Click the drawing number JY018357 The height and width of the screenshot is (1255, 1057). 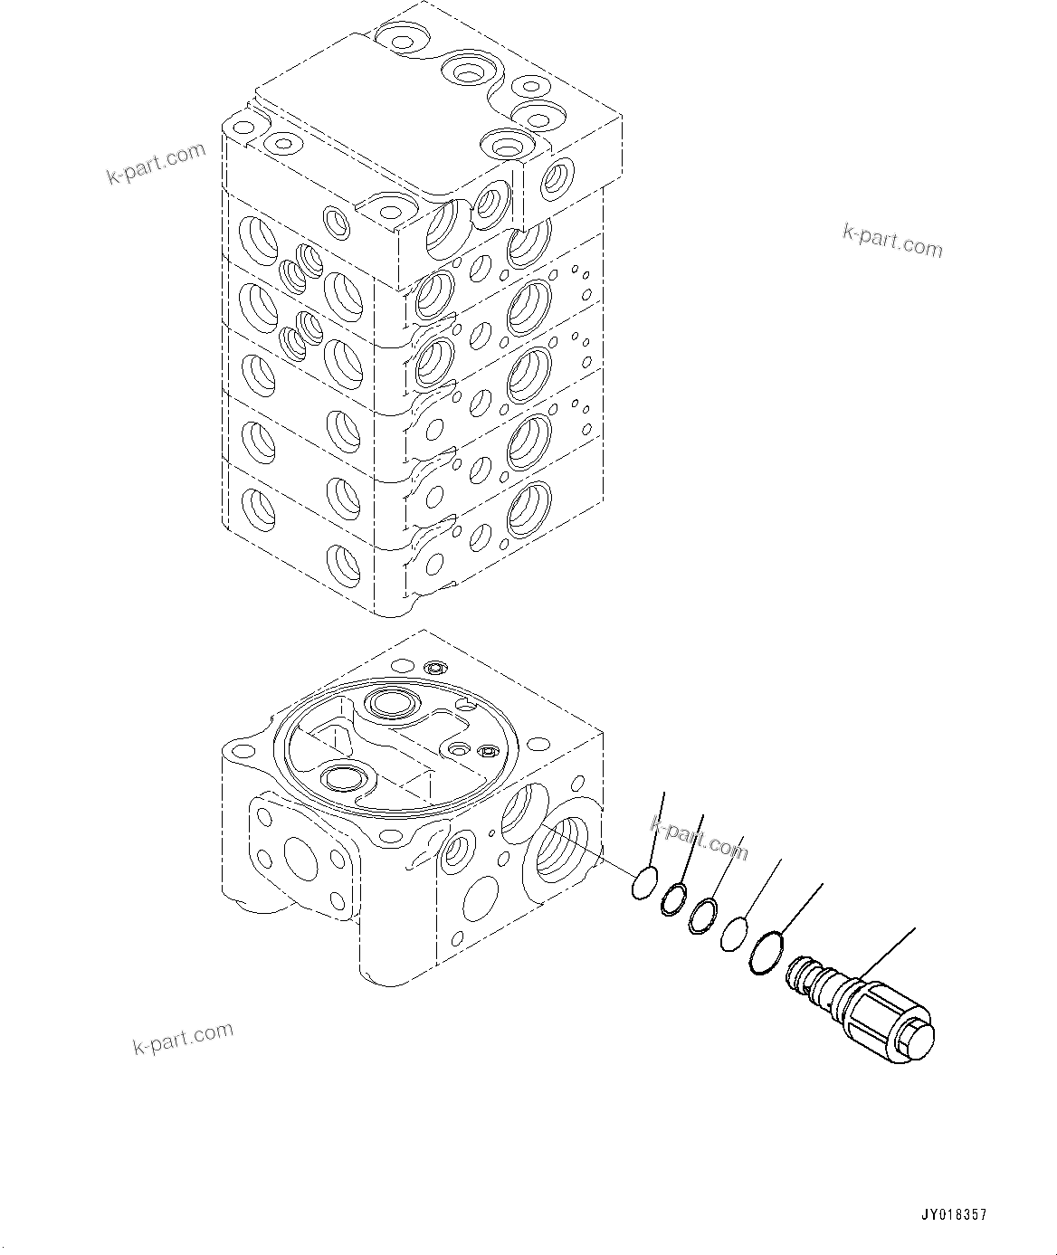point(954,1215)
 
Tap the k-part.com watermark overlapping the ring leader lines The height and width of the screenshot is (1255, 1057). point(700,838)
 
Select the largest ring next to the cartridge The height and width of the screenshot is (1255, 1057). point(766,954)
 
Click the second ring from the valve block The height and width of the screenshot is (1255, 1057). point(672,899)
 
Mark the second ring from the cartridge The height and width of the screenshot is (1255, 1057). point(734,934)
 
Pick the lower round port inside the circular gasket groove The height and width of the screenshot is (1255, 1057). point(346,777)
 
